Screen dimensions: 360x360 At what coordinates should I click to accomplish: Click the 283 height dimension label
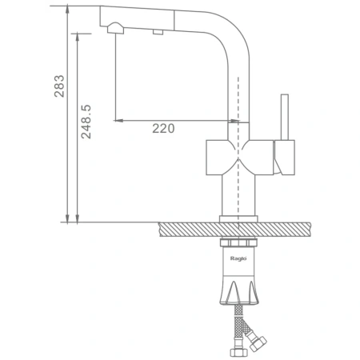(x=59, y=86)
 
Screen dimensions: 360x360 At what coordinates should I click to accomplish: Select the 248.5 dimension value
(x=86, y=122)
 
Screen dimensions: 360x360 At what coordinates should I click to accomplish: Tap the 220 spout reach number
(x=163, y=129)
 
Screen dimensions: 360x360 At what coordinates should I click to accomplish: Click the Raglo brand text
(x=238, y=258)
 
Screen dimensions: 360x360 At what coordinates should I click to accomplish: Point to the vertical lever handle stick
(x=285, y=117)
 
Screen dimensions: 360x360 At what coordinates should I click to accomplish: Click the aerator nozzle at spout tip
(x=115, y=28)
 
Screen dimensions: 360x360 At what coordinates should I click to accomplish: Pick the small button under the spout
(x=158, y=32)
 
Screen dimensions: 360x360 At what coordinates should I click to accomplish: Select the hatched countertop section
(x=234, y=230)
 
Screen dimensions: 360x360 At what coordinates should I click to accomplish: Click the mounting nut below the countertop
(x=238, y=242)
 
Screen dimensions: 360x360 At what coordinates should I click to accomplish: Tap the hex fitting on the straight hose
(x=238, y=353)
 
